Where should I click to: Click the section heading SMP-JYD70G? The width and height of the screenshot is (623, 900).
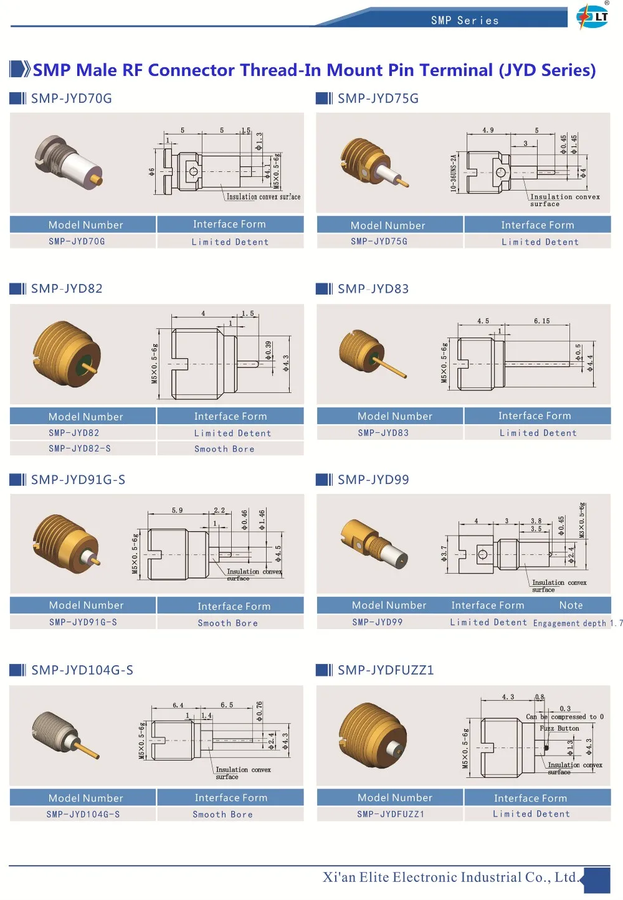coord(71,98)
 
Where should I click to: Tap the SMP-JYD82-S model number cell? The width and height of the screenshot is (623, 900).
coord(80,448)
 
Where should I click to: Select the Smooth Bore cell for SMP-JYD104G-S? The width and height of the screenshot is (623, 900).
coord(223,814)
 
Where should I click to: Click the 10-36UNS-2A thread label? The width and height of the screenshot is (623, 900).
coord(454,173)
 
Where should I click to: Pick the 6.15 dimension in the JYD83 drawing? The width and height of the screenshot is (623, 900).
coord(541,321)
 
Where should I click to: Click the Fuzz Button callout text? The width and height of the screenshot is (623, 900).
coord(559,728)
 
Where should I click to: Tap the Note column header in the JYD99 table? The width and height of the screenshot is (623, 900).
coord(571,605)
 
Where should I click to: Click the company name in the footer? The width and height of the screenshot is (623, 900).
coord(450,877)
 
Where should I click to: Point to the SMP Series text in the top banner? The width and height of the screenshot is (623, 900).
coord(465,21)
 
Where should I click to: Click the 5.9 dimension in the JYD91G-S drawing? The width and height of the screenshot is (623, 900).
coord(178,511)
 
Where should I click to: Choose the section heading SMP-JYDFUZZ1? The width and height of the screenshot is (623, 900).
coord(385,670)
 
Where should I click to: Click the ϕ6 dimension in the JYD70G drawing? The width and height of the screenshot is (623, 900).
coord(151,171)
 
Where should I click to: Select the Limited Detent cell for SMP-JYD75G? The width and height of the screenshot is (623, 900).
coord(540,242)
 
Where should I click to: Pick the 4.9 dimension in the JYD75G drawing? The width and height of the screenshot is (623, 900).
coord(488,130)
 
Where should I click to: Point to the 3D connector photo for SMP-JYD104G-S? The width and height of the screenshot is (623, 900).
coord(65,735)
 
